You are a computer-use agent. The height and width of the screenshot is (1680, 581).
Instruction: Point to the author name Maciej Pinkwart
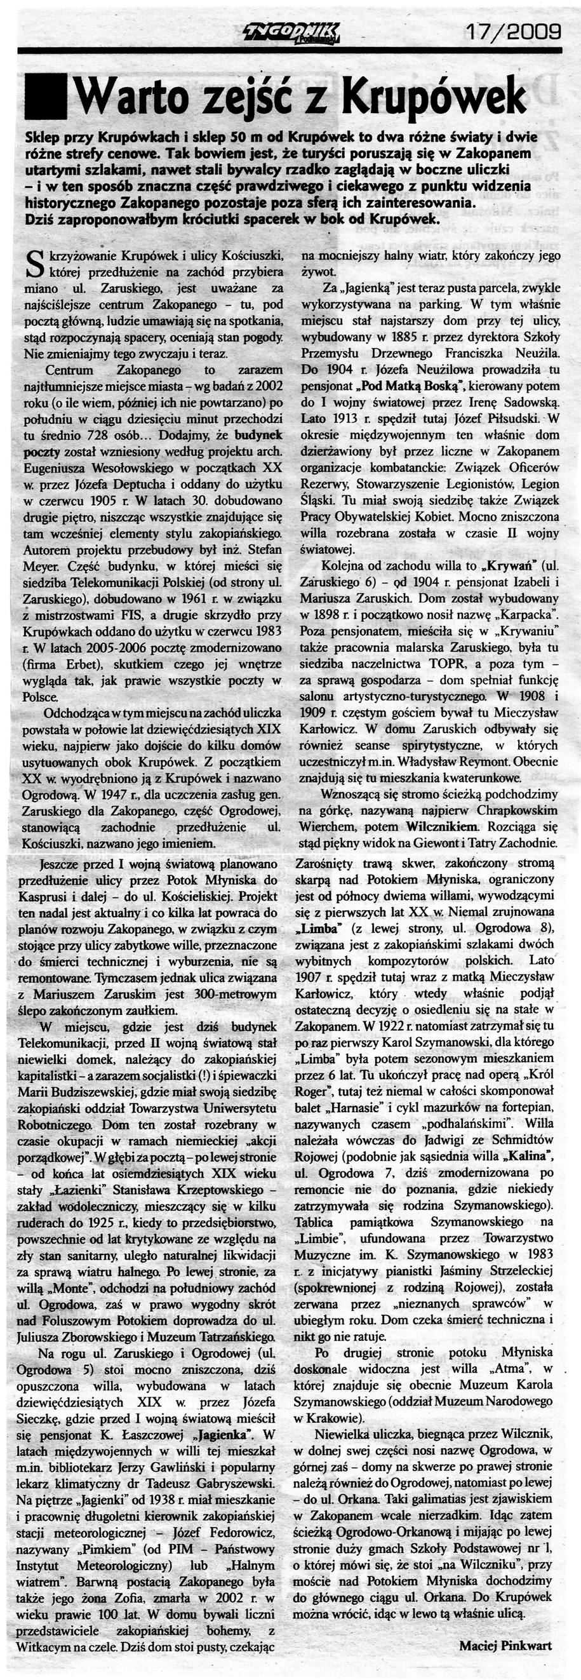pos(505,1658)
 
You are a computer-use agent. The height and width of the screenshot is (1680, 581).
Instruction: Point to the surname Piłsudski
pos(511,417)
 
